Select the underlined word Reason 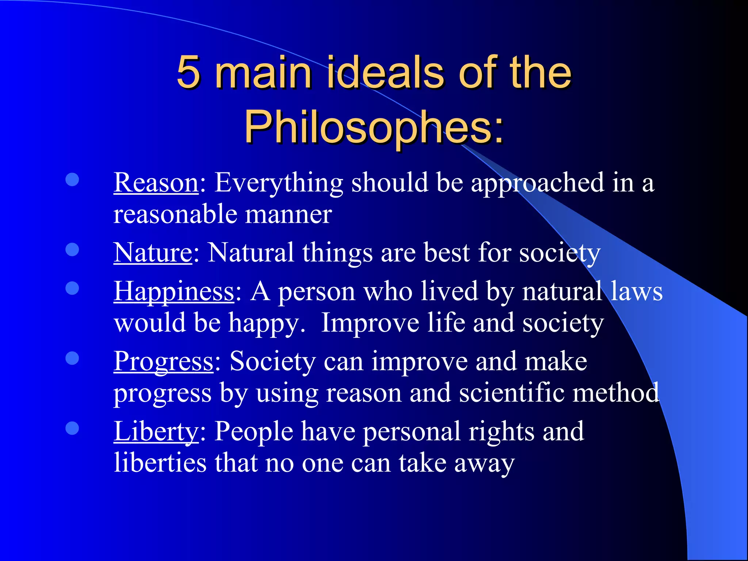pyautogui.click(x=156, y=183)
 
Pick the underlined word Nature pyautogui.click(x=153, y=253)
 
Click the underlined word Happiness pyautogui.click(x=174, y=291)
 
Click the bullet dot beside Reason pyautogui.click(x=72, y=179)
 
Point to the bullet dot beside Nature pyautogui.click(x=72, y=249)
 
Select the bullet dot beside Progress pyautogui.click(x=72, y=358)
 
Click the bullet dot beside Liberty pyautogui.click(x=72, y=428)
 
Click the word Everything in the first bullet pyautogui.click(x=278, y=183)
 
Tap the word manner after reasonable pyautogui.click(x=289, y=214)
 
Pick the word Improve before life pyautogui.click(x=370, y=323)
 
